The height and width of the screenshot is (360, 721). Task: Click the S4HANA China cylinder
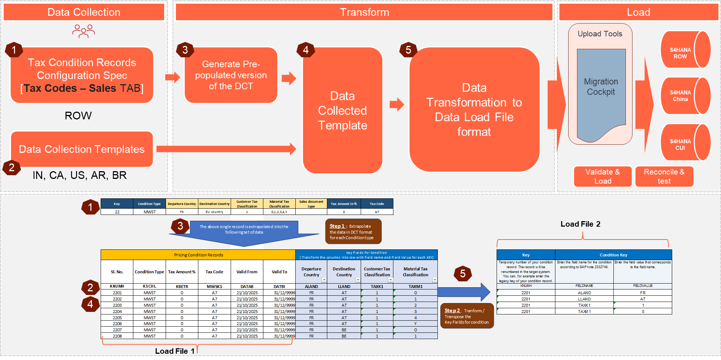[685, 96]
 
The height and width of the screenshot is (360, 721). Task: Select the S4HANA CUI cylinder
[685, 143]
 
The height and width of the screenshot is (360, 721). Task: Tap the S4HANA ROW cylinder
[685, 50]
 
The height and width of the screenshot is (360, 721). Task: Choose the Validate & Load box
[602, 176]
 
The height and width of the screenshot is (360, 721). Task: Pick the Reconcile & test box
[664, 176]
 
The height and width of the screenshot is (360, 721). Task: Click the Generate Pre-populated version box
[231, 75]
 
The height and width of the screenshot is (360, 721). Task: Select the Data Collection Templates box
[82, 149]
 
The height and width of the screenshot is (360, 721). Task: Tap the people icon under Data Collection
[83, 31]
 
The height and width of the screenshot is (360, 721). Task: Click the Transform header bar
[364, 12]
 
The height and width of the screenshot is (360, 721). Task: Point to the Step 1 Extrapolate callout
[353, 231]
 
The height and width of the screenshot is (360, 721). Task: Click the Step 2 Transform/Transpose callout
[466, 316]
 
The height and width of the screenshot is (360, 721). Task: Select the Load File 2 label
[580, 224]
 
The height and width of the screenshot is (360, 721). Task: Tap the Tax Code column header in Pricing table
[214, 272]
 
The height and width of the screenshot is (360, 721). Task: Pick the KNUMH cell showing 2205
[117, 318]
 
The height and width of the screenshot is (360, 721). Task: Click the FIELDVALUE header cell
[642, 286]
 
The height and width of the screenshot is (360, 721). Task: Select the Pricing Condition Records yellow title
[198, 255]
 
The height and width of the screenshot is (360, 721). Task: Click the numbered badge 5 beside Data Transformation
[408, 50]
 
